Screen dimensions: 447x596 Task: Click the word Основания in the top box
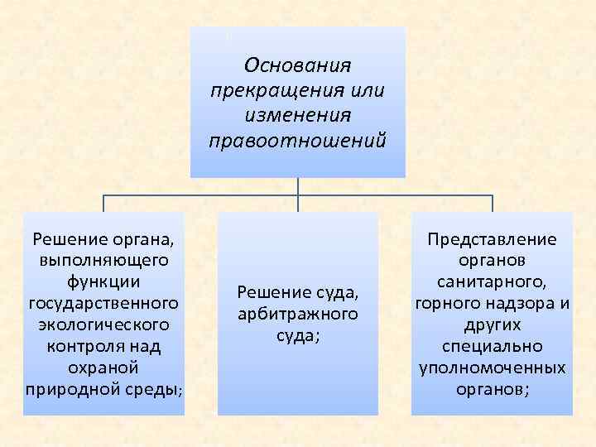298,65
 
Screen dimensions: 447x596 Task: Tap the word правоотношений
298,139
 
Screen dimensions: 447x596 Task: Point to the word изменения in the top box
298,114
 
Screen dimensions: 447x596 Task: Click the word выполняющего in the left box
103,261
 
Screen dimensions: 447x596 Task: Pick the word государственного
103,302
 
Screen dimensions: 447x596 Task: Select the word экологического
103,324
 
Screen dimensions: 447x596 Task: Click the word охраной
103,366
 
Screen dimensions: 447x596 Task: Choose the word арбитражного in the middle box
297,314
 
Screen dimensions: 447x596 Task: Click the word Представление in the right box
492,239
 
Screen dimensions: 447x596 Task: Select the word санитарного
492,281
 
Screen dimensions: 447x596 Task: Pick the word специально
492,345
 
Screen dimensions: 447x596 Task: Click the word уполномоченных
492,367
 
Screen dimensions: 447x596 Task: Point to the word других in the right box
492,324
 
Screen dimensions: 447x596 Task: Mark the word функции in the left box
103,281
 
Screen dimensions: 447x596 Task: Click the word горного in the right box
444,303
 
